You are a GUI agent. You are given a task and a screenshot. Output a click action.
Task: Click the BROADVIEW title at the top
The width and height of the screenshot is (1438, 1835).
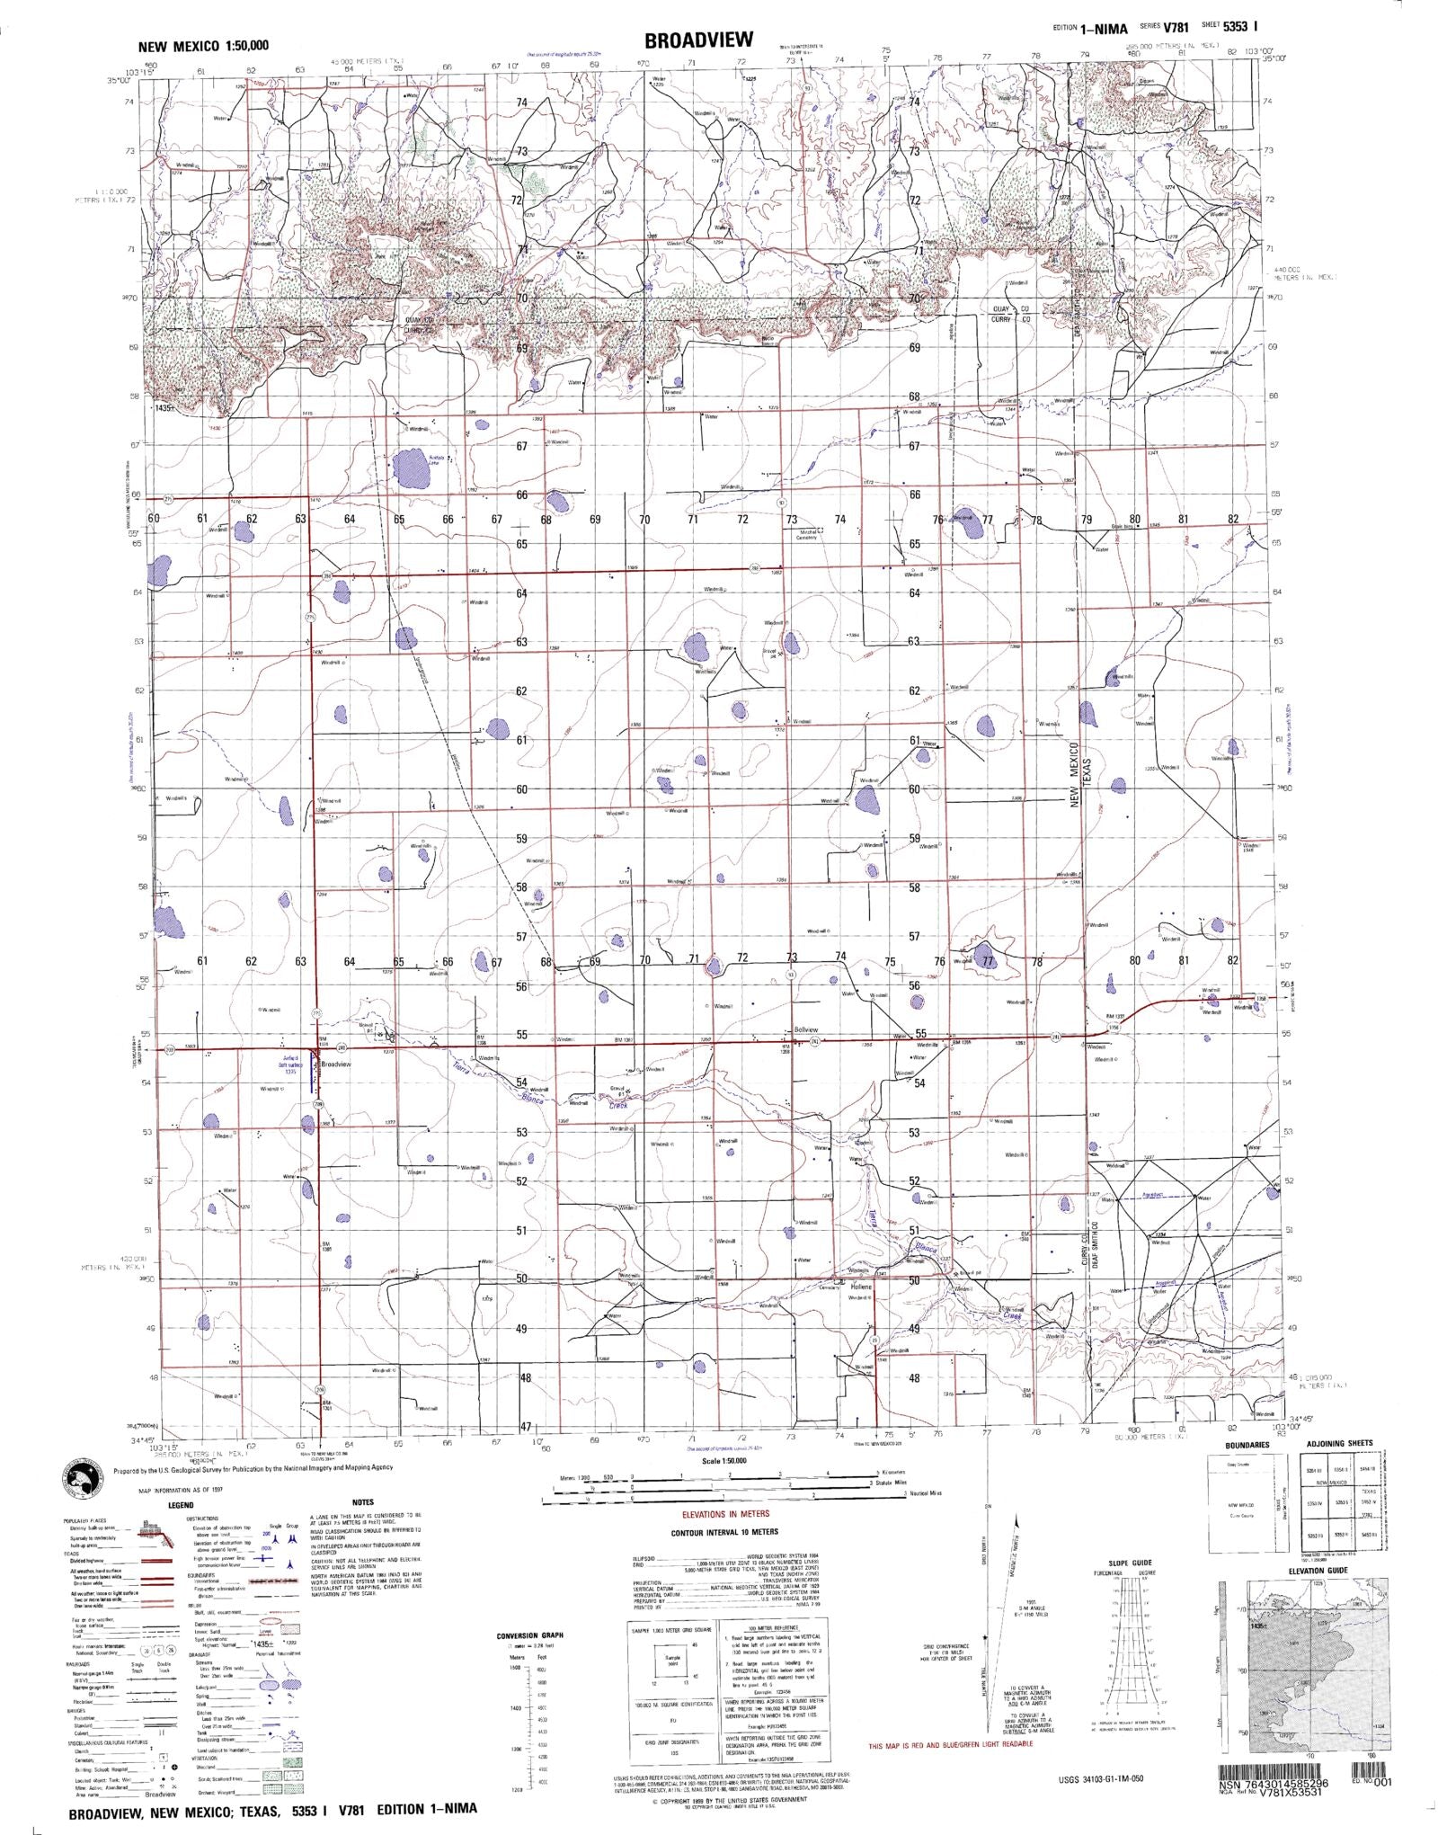(x=697, y=40)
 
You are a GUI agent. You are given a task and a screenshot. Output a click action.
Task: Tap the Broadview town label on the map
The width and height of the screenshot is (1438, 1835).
(x=336, y=1064)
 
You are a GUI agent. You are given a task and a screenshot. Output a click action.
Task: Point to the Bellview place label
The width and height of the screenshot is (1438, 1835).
(x=806, y=1029)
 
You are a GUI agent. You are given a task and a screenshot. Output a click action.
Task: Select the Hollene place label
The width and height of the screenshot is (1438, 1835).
(x=861, y=1287)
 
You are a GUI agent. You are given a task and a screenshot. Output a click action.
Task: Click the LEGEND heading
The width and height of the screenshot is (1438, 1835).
(x=181, y=1504)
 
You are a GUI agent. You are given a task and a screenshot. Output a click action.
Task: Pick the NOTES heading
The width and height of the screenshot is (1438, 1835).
(x=363, y=1502)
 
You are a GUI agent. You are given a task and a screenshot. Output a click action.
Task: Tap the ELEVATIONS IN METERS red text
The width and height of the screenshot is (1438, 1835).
(x=726, y=1514)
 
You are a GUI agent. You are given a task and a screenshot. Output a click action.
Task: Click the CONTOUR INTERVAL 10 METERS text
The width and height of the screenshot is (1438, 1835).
(x=724, y=1532)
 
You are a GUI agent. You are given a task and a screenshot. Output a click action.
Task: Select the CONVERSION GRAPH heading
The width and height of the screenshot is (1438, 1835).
(x=530, y=1635)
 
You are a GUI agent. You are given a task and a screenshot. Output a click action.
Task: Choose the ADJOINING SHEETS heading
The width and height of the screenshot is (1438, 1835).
(x=1340, y=1443)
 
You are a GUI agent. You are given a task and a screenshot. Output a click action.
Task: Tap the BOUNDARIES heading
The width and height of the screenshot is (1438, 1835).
(x=1247, y=1445)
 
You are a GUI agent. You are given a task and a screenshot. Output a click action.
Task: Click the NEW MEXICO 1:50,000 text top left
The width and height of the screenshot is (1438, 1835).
(x=203, y=46)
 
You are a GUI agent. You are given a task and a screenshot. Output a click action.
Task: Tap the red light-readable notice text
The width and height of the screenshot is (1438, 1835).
(x=951, y=1745)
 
